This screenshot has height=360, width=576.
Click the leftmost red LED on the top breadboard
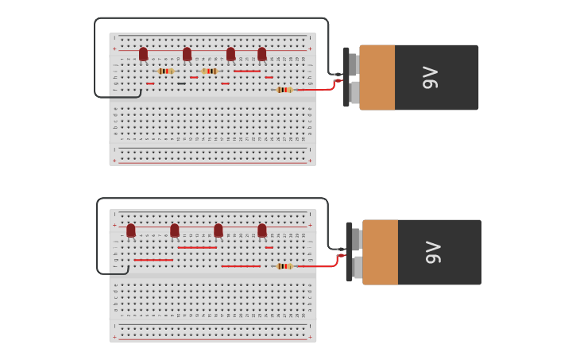point(143,54)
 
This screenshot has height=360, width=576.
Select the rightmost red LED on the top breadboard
point(261,54)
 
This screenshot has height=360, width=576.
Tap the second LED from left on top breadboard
point(187,54)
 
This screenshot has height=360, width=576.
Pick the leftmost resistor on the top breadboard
point(164,71)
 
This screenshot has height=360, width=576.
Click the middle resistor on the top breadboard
point(209,71)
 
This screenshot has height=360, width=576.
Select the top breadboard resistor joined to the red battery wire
point(284,90)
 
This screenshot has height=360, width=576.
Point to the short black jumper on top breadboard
point(182,83)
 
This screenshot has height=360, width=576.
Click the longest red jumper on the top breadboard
point(246,71)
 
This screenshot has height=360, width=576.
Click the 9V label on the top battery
point(430,77)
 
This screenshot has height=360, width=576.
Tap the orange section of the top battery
point(377,77)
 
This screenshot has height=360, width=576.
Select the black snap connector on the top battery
point(346,77)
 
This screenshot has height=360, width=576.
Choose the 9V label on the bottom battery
point(433,252)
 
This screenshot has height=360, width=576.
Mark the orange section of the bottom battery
point(381,252)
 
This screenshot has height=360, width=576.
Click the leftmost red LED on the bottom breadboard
point(131,230)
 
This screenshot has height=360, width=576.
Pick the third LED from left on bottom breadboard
point(218,230)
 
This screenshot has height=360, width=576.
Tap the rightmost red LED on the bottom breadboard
point(261,230)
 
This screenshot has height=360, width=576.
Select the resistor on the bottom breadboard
point(284,266)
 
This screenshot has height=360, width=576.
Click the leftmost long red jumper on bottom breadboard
point(153,260)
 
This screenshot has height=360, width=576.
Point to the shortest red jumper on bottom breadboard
point(269,247)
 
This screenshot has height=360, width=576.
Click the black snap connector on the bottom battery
point(349,252)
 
